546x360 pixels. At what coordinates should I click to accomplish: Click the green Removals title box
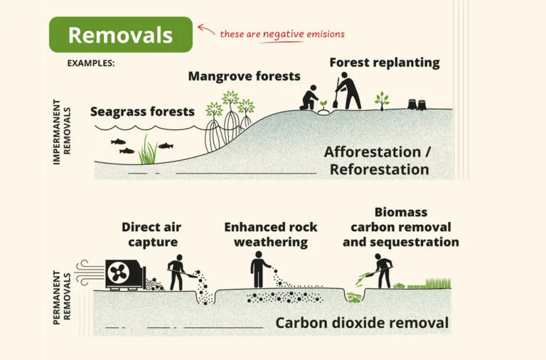point(120,35)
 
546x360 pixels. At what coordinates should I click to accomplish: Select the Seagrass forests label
point(142,112)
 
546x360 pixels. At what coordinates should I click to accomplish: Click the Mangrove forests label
point(244,76)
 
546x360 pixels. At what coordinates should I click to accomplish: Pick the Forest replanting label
point(384,63)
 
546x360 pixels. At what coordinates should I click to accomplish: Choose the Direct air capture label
point(151,235)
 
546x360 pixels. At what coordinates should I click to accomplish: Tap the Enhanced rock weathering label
point(271,235)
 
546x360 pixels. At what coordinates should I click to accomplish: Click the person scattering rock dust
point(260,272)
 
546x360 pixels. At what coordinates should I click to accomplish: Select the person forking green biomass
point(383,272)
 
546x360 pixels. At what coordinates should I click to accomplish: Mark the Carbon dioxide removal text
point(362,323)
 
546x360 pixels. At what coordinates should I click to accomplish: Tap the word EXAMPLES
point(91,63)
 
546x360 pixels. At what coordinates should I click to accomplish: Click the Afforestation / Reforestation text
point(378,161)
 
